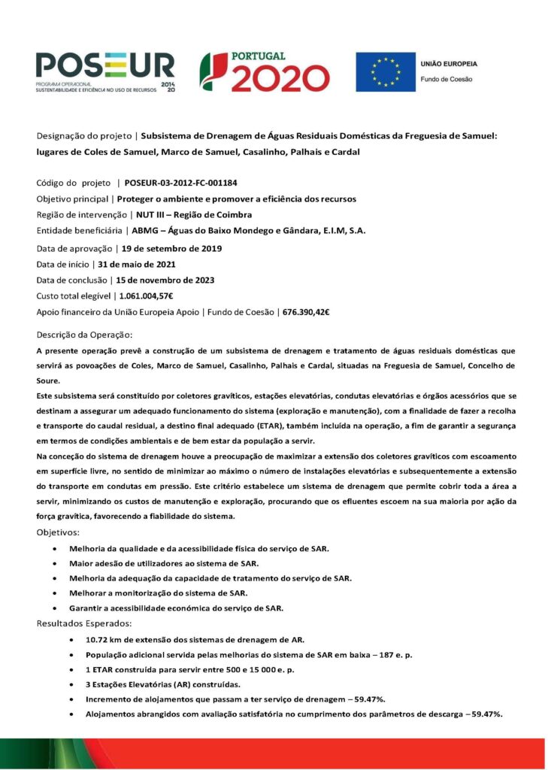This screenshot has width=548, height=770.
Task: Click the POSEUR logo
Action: pos(104,72)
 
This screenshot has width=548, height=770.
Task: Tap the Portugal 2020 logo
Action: pos(264,72)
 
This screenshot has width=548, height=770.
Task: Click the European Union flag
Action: pos(385,72)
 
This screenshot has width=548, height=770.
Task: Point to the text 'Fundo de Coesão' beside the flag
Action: pos(446,79)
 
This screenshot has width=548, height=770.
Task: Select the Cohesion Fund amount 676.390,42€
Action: pos(307,311)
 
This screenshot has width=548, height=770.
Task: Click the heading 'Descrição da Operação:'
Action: pos(84,334)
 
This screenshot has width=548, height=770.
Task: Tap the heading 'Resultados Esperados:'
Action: pos(84,623)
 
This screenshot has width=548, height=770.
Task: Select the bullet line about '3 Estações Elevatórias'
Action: pos(163,684)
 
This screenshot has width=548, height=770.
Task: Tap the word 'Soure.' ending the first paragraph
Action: pos(49,380)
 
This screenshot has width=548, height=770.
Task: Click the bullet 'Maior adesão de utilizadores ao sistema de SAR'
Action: pos(164,562)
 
